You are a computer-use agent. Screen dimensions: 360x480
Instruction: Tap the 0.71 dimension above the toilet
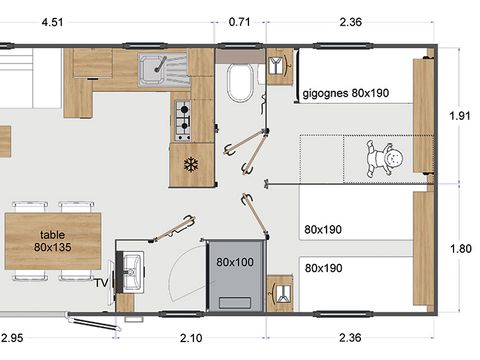pos(240,19)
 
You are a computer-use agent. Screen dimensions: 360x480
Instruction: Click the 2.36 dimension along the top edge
pos(350,19)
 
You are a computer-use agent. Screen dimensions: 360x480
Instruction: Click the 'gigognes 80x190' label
pos(344,94)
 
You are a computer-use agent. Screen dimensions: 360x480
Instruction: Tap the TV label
pos(101,284)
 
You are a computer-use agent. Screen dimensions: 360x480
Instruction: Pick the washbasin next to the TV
pos(131,268)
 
